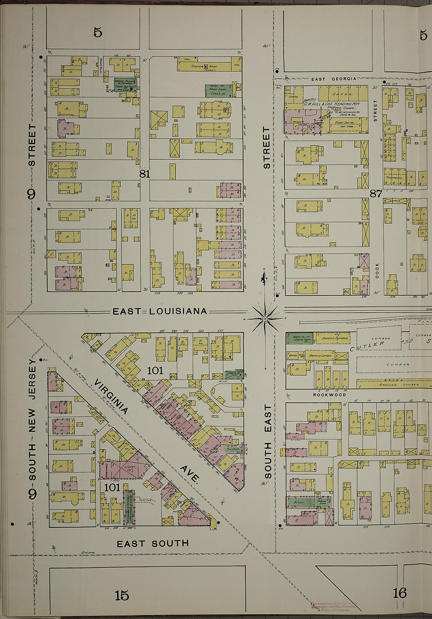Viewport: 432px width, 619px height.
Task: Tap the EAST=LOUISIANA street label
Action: click(159, 311)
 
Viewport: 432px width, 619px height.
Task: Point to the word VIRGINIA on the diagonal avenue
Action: click(111, 397)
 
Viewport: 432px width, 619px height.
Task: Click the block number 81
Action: click(145, 174)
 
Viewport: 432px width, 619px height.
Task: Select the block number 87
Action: click(376, 193)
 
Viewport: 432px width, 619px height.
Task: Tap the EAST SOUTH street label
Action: click(153, 544)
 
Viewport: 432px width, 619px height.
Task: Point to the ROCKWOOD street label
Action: click(329, 395)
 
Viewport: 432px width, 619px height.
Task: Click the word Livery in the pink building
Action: click(130, 467)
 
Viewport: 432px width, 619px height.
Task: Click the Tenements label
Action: click(394, 178)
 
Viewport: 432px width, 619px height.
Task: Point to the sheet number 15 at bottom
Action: click(122, 595)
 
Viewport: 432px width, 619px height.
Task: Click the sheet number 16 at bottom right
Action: click(399, 593)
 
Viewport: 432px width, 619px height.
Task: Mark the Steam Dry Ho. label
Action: click(344, 123)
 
